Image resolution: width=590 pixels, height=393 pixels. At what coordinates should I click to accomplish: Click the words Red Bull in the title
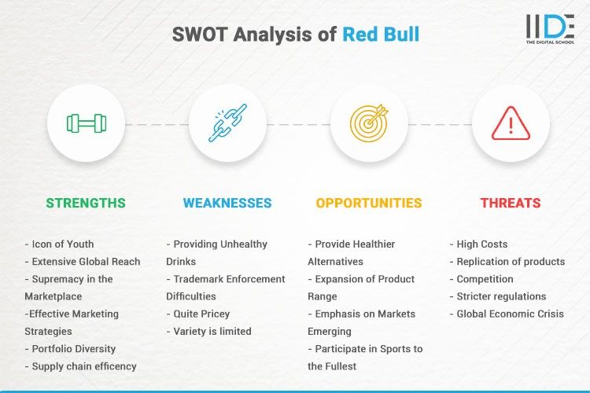click(x=381, y=34)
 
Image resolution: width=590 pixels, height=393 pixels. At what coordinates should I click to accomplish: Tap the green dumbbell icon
click(x=86, y=123)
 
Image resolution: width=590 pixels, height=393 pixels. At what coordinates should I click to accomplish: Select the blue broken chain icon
click(x=227, y=123)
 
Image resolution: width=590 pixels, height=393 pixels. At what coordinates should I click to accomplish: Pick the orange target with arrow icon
click(x=369, y=123)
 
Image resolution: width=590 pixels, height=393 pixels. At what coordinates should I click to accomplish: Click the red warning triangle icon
click(x=511, y=123)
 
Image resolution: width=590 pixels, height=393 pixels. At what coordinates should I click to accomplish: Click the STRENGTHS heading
click(x=86, y=203)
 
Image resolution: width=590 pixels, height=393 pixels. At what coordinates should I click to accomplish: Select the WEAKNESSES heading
click(x=227, y=203)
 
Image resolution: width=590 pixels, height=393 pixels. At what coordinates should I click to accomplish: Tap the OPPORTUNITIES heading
click(x=369, y=203)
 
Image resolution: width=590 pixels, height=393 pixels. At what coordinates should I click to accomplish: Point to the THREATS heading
click(x=511, y=203)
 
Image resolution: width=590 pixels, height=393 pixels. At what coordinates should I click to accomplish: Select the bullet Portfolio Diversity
click(x=72, y=349)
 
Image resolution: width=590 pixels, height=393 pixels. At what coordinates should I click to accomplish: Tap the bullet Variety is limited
click(x=209, y=332)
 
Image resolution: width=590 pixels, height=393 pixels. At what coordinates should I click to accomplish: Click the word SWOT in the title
click(x=198, y=34)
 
